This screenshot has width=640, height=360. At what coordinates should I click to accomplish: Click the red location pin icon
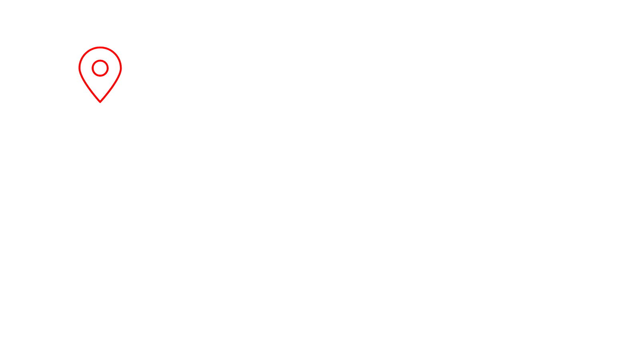(100, 74)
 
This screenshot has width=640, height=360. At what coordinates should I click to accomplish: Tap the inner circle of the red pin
(100, 68)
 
